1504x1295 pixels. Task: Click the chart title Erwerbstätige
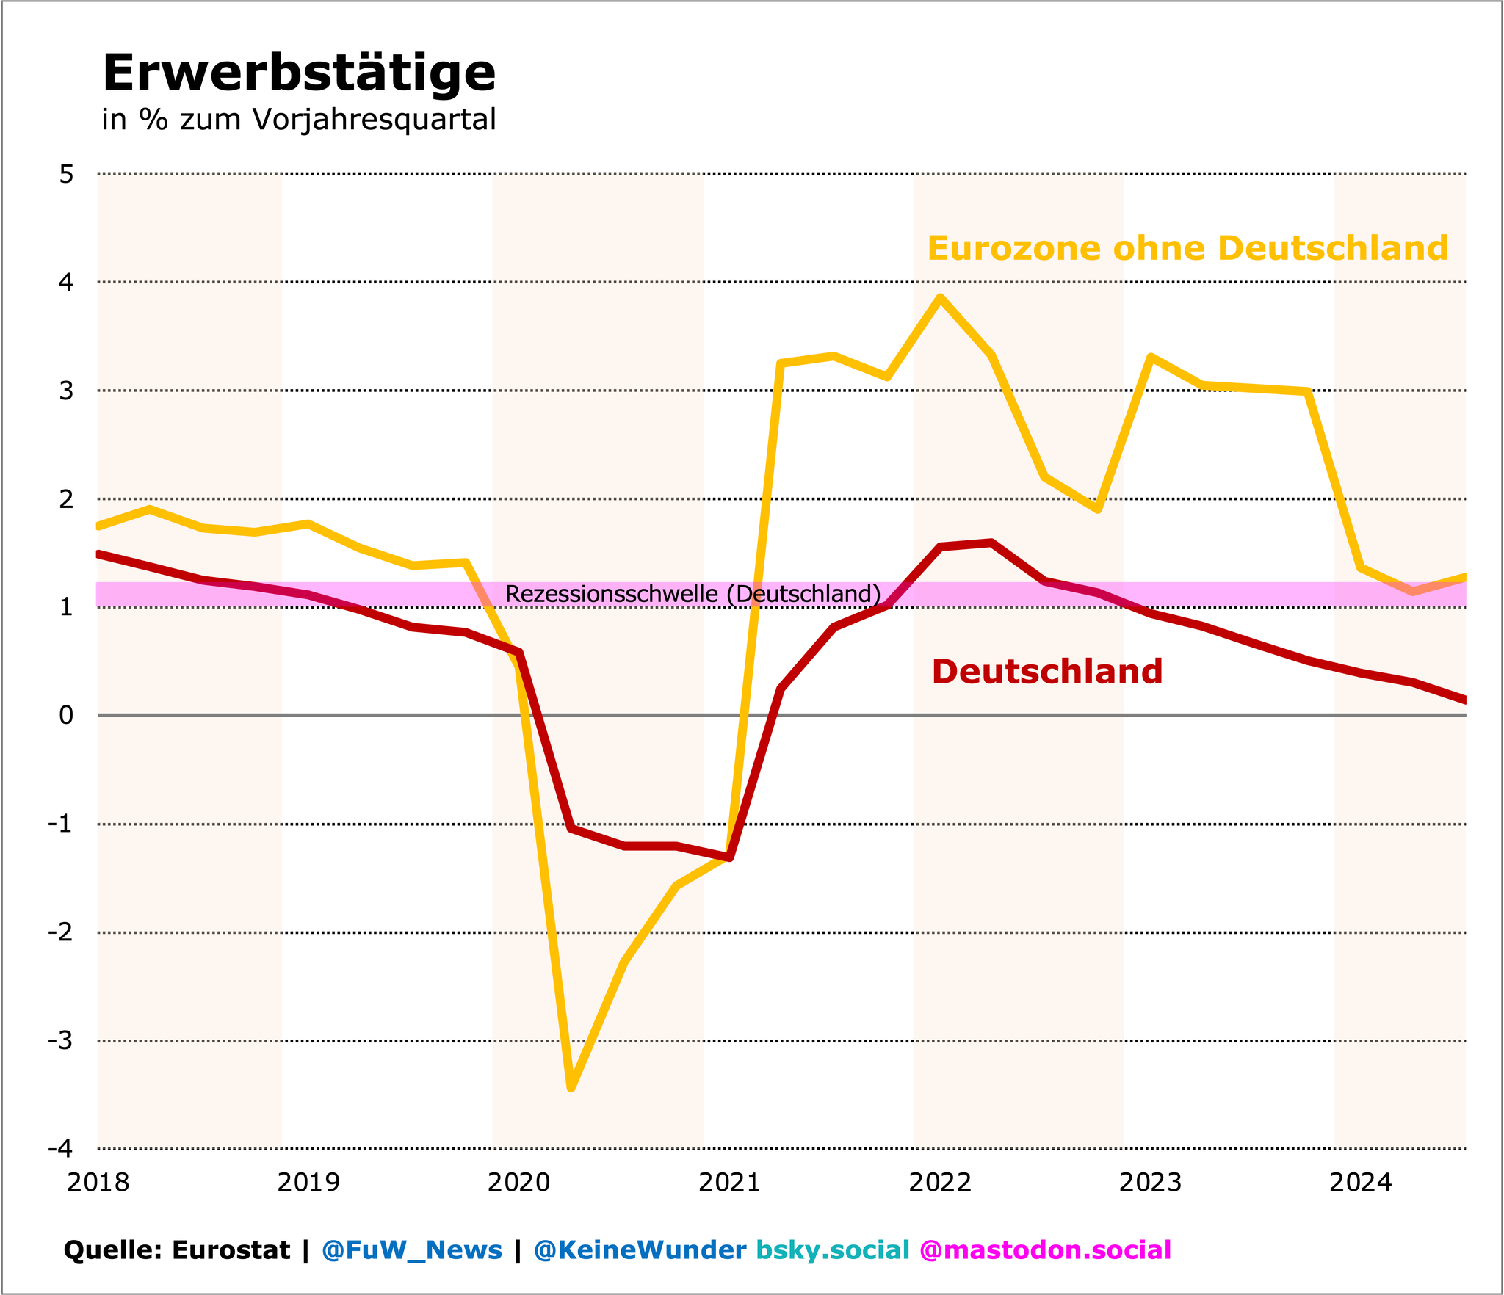[299, 73]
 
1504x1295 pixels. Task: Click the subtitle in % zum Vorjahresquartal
[299, 119]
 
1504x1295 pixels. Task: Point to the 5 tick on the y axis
[67, 174]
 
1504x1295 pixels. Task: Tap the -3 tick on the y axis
[61, 1041]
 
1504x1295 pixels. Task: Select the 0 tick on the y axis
[67, 715]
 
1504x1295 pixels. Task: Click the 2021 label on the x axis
[729, 1182]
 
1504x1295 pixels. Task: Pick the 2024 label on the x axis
[1361, 1182]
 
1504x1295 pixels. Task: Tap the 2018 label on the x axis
[98, 1182]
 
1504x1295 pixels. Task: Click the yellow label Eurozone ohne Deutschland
[1187, 248]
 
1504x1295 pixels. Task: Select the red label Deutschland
[1046, 672]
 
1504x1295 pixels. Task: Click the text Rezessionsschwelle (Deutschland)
[693, 593]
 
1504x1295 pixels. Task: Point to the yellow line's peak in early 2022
[940, 297]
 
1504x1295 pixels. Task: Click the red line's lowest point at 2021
[730, 857]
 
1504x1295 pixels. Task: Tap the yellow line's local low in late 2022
[1098, 509]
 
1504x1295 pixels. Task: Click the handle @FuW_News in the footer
[412, 1249]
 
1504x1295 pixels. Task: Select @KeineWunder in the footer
[640, 1249]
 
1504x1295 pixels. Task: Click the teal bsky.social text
[833, 1249]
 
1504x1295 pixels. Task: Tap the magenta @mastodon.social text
[1045, 1249]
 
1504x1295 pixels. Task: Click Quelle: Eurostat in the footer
[176, 1249]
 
